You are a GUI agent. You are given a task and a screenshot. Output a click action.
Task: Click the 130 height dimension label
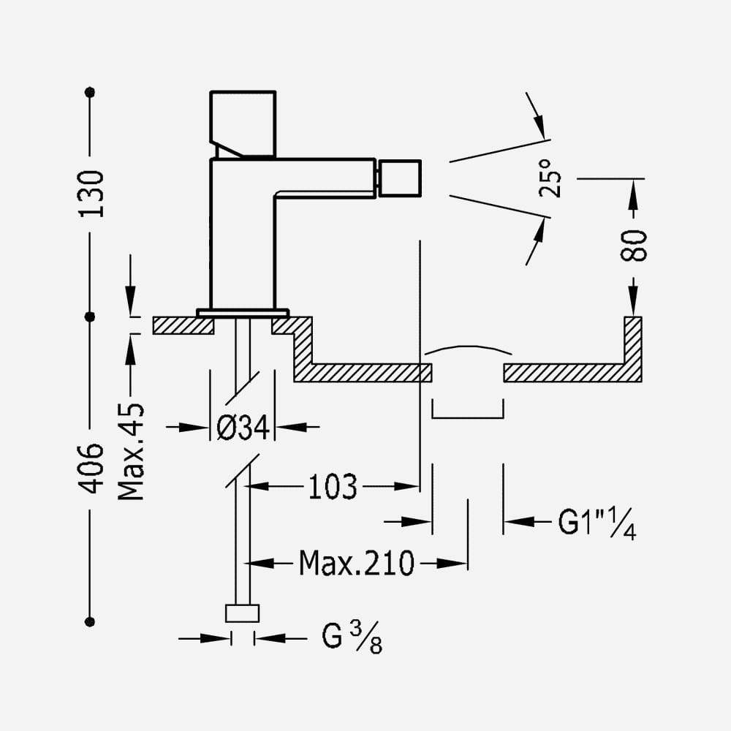click(91, 194)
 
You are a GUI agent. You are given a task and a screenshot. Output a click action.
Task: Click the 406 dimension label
click(91, 468)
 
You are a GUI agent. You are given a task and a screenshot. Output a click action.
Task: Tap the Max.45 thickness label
click(131, 452)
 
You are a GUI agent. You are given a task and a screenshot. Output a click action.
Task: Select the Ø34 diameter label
click(243, 427)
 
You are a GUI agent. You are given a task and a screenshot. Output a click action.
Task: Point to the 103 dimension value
click(333, 487)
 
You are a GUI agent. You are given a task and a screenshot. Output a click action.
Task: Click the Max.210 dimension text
click(357, 563)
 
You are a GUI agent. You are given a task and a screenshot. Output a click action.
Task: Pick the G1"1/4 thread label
click(597, 523)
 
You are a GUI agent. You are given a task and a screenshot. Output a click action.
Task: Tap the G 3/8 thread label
click(352, 637)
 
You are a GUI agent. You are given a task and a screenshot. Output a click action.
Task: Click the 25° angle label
click(550, 178)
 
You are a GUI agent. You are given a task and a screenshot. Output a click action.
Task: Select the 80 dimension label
click(634, 245)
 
